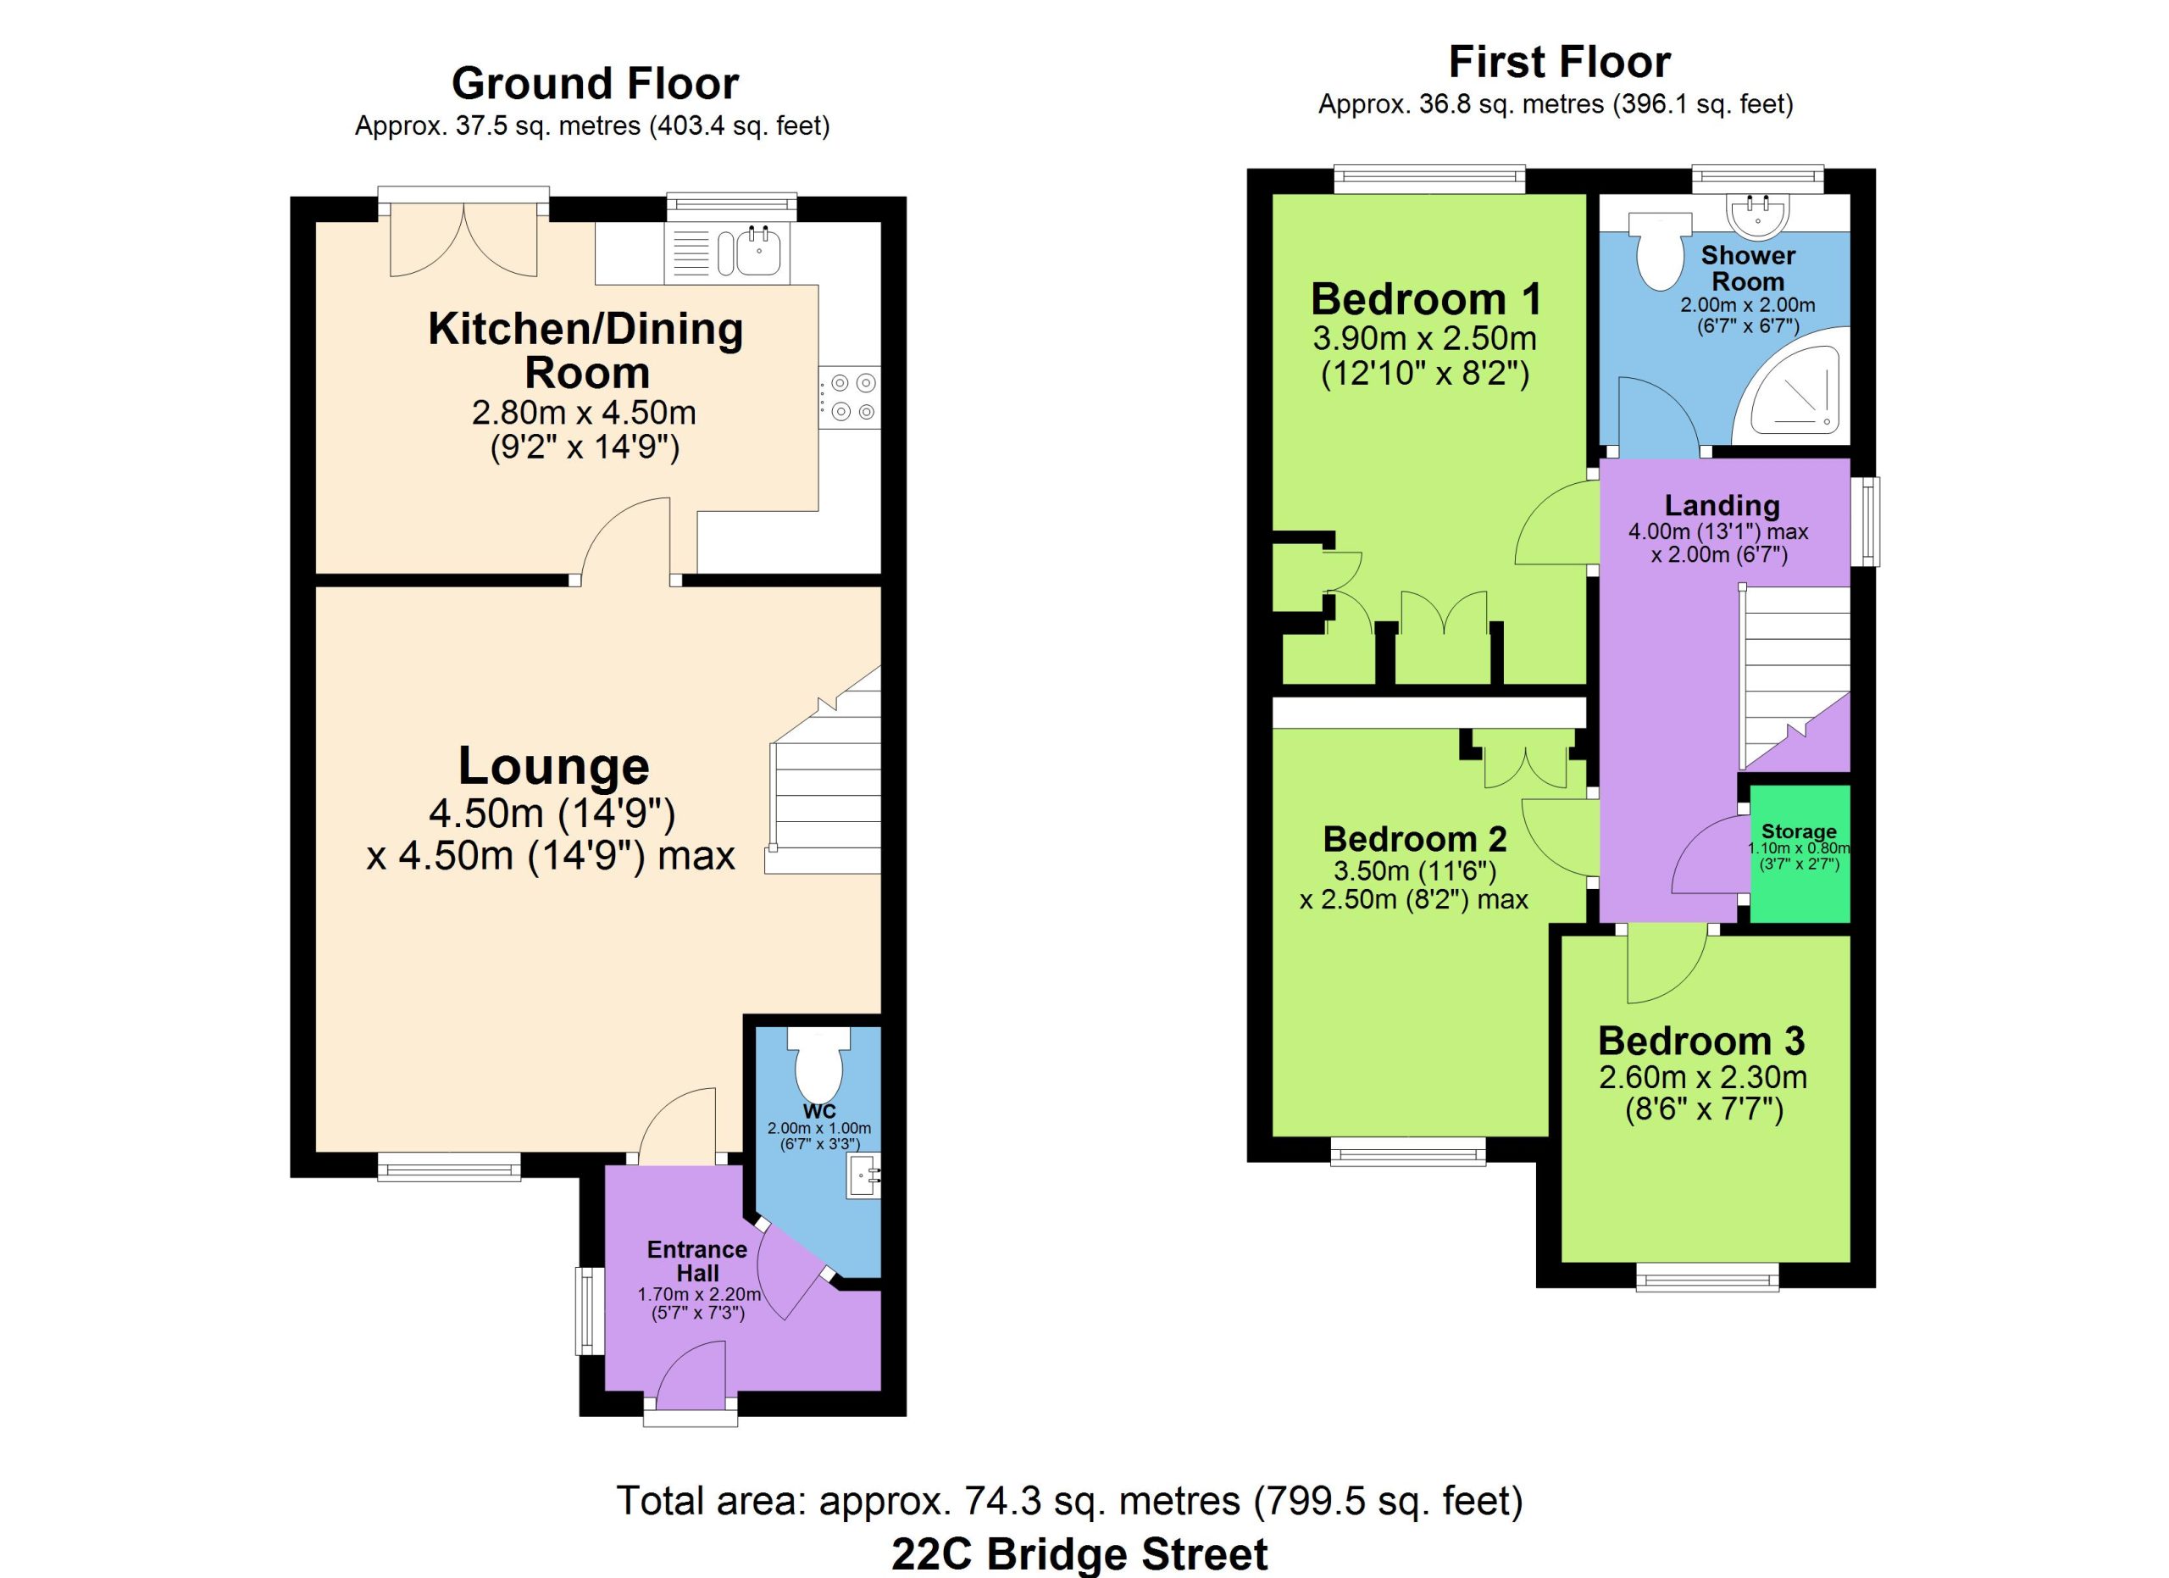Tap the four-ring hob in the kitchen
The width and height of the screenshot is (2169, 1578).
coord(849,397)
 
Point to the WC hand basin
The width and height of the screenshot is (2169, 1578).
coord(863,1176)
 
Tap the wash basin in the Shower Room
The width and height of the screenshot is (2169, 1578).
coord(1758,215)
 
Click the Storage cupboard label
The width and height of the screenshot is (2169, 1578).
coord(1799,831)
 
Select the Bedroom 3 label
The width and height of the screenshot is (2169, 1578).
coord(1701,1041)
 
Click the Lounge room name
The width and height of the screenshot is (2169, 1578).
coord(554,766)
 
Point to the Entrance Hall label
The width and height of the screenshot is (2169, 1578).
coord(697,1260)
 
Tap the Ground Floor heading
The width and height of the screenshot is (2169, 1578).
coord(595,83)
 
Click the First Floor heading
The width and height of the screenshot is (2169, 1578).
coord(1560,62)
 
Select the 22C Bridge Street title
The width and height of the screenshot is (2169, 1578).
coord(1079,1554)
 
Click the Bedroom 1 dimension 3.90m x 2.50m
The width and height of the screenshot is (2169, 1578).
coord(1425,338)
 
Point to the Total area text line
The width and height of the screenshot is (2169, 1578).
coord(1069,1501)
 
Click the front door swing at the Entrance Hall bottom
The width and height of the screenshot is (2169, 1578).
coord(692,1375)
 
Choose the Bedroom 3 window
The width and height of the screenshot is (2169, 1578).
coord(1708,1277)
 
